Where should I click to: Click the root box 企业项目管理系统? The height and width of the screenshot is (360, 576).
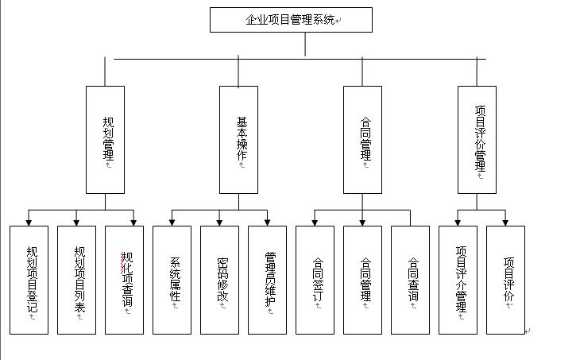[291, 20]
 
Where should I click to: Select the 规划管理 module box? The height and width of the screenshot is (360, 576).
[105, 139]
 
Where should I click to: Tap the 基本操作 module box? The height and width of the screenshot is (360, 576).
[239, 139]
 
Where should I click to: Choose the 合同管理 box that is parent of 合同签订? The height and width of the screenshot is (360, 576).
[362, 139]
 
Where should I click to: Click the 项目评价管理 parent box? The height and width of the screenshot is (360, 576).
[477, 139]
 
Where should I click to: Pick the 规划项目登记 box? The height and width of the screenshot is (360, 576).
[29, 280]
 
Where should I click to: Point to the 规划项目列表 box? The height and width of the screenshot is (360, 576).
[76, 280]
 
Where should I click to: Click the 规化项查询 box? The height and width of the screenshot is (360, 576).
[125, 280]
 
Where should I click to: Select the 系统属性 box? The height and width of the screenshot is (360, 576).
[172, 280]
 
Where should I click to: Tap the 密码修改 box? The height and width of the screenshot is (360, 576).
[219, 280]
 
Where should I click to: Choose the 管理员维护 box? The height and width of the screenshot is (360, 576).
[267, 280]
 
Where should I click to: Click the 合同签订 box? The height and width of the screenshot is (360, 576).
[315, 280]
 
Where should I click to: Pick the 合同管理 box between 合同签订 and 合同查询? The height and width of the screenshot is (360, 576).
[362, 280]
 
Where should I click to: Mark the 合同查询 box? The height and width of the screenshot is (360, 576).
[410, 280]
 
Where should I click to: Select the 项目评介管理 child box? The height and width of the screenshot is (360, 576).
[458, 280]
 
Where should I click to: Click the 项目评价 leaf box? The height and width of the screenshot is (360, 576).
[505, 280]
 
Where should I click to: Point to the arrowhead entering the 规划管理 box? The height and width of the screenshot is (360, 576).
[105, 82]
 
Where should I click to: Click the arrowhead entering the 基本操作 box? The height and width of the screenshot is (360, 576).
[239, 82]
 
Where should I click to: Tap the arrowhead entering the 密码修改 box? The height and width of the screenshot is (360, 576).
[219, 222]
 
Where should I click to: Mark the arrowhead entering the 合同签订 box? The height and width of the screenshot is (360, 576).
[315, 222]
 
